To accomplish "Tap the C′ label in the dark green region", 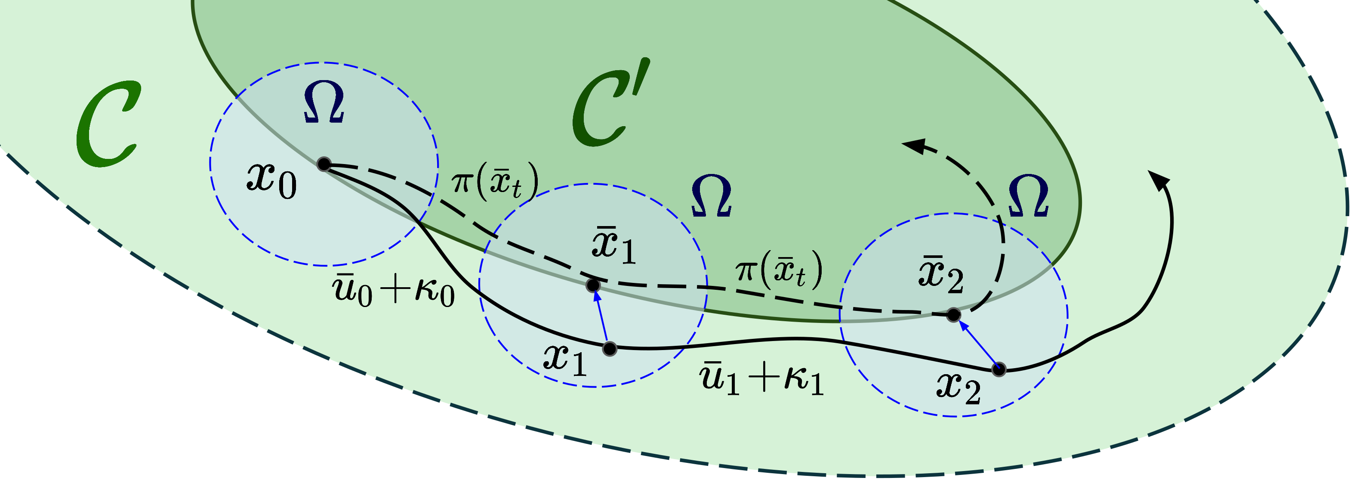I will [x=609, y=105].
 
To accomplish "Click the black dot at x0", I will [x=324, y=164].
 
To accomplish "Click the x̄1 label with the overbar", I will [x=613, y=245].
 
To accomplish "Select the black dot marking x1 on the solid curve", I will [x=610, y=349].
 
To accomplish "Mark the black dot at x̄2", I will [x=953, y=315].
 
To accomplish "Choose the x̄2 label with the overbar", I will [x=941, y=275].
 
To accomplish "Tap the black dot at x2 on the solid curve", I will [x=998, y=369].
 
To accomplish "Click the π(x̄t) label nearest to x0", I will [x=494, y=182].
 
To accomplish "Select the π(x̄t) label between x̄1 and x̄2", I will [x=779, y=270].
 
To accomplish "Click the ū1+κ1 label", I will [x=761, y=379].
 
